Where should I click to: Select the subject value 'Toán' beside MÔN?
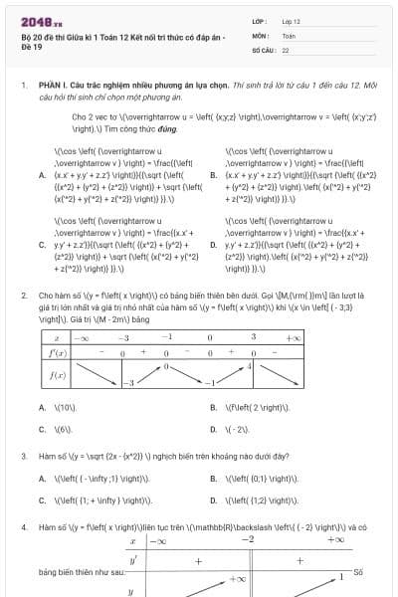(x=289, y=35)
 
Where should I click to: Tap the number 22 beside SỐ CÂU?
(x=286, y=49)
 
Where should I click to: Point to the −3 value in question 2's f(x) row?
(x=126, y=383)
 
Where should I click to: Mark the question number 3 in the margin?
(x=23, y=456)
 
